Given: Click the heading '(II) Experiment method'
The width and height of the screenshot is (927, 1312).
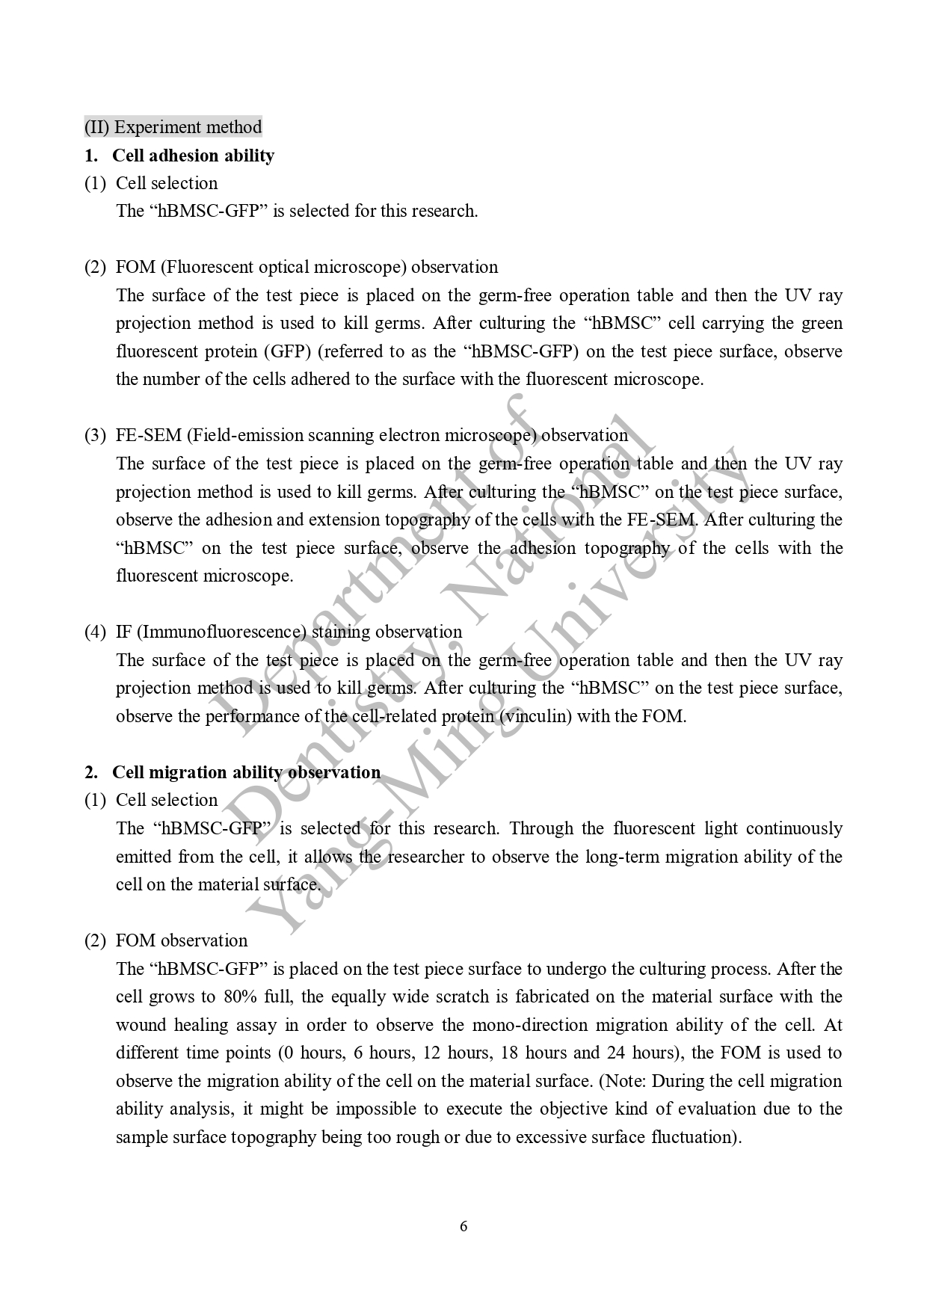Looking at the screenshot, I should click(x=173, y=127).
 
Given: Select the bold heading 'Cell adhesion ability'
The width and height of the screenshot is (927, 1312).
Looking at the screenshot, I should click(x=193, y=155).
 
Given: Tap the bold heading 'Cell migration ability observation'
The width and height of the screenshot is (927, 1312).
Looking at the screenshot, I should click(x=246, y=772).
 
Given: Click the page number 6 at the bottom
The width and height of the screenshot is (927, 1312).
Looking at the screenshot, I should click(x=463, y=1226).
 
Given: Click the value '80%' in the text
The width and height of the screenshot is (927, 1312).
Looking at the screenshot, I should click(x=241, y=997).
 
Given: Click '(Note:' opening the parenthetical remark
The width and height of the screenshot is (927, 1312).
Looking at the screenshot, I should click(x=623, y=1081).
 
